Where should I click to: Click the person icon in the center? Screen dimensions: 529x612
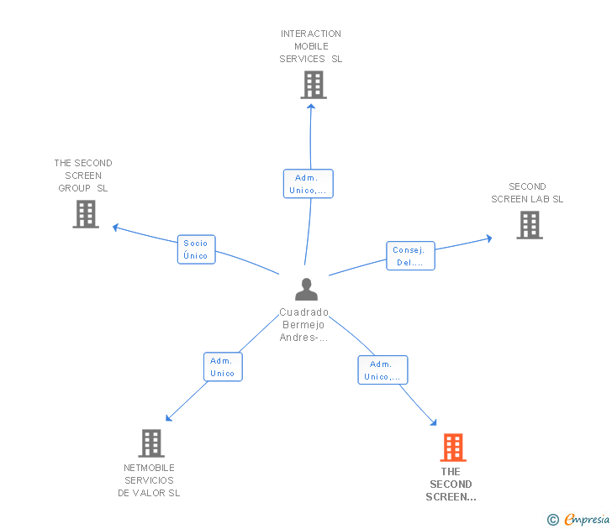tap(307, 290)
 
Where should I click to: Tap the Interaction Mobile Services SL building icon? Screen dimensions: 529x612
tap(313, 85)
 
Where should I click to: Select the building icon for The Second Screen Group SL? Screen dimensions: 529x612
tap(86, 214)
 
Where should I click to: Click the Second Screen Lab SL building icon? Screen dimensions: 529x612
tap(529, 225)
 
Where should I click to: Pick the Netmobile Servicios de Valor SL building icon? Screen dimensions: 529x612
tap(150, 443)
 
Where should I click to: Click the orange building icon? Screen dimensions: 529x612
tap(452, 448)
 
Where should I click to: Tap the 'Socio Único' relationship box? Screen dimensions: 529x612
tap(196, 249)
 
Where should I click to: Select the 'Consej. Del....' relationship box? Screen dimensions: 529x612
tap(411, 256)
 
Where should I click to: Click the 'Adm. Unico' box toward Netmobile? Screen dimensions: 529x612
tap(223, 367)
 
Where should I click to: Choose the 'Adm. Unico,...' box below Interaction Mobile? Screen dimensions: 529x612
tap(309, 184)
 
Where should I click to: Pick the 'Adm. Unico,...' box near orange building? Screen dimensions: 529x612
tap(382, 370)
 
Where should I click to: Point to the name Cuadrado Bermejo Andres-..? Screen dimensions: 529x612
tap(304, 325)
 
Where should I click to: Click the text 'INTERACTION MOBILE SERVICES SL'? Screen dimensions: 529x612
tap(311, 46)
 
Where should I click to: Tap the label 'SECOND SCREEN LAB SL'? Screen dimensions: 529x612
tap(527, 193)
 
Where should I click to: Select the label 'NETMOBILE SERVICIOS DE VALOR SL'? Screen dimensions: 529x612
tap(149, 480)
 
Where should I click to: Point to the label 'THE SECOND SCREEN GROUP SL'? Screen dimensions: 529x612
tap(83, 175)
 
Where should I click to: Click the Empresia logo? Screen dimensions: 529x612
tap(587, 520)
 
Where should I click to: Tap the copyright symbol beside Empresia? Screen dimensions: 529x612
tap(553, 520)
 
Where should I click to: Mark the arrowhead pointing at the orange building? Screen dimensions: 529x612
tap(433, 423)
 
